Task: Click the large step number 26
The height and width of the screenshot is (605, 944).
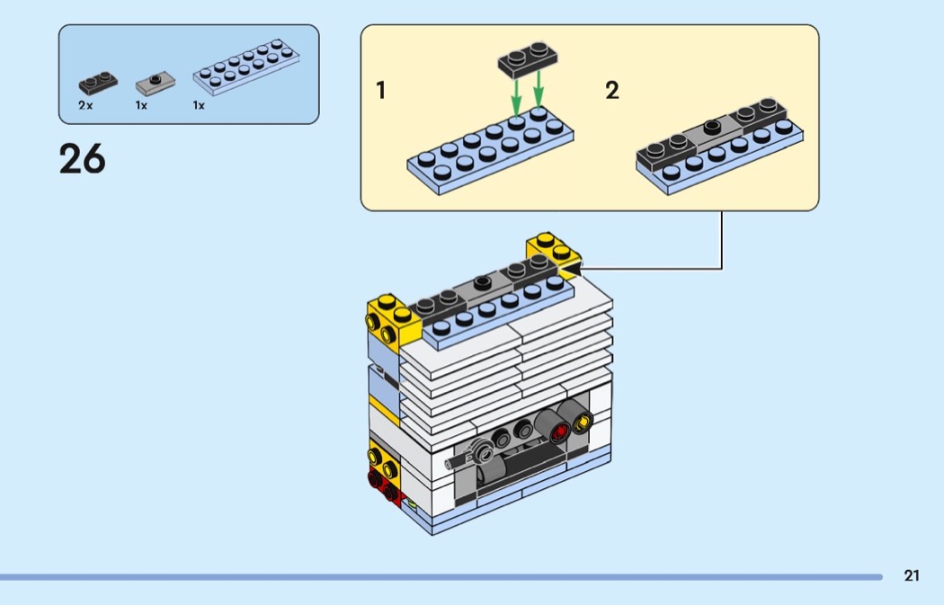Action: [x=82, y=159]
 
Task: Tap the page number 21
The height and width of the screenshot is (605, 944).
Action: [x=912, y=576]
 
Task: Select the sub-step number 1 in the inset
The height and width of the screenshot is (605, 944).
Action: [x=381, y=91]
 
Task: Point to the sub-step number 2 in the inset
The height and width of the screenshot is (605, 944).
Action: [x=612, y=91]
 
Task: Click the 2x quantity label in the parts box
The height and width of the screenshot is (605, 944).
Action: [x=85, y=105]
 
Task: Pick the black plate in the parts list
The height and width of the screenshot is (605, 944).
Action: [x=97, y=84]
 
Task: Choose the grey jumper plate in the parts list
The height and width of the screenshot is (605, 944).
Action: [x=155, y=85]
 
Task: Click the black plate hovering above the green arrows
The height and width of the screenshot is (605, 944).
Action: [x=528, y=58]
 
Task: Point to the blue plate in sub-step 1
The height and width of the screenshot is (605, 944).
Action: [x=490, y=147]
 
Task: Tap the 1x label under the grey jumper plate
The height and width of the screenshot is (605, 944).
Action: [x=141, y=105]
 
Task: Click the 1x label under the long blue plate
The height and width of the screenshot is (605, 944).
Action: [x=199, y=105]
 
